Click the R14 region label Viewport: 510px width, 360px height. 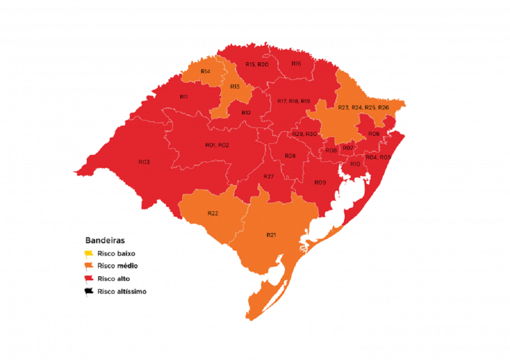[205, 72]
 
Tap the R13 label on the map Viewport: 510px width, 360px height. [235, 87]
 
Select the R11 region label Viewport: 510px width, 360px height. [184, 97]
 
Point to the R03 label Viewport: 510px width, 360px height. [144, 162]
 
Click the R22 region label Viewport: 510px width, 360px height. [213, 213]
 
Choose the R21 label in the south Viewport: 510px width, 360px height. [271, 235]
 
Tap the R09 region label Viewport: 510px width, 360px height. [320, 183]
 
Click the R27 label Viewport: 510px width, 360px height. [269, 177]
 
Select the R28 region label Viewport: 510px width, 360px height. [290, 156]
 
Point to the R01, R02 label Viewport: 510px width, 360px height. [217, 145]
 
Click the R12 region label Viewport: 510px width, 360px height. [246, 113]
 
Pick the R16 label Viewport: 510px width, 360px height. [296, 64]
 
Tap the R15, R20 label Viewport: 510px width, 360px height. [257, 65]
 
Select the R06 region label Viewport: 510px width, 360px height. [374, 134]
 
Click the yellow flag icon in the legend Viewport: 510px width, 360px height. [89, 254]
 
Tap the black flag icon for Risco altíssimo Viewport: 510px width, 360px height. [89, 292]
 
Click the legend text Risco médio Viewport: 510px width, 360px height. [118, 266]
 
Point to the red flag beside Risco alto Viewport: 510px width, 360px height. [89, 279]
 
